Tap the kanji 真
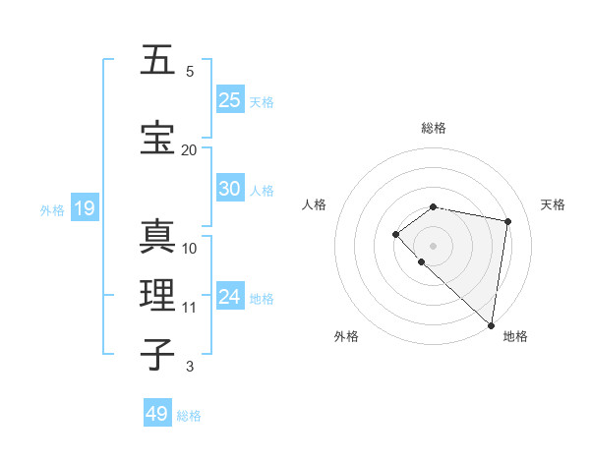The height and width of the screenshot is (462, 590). pyautogui.click(x=158, y=237)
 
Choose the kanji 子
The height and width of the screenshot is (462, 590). pyautogui.click(x=158, y=355)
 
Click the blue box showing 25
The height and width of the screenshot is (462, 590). pyautogui.click(x=230, y=100)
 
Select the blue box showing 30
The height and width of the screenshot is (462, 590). pyautogui.click(x=230, y=190)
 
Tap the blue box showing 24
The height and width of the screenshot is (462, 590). pyautogui.click(x=230, y=297)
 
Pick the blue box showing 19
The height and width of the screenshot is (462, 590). pyautogui.click(x=84, y=208)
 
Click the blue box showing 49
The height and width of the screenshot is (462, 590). pyautogui.click(x=157, y=414)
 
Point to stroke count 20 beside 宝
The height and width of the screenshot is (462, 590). pyautogui.click(x=189, y=149)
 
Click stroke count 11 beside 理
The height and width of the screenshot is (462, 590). pyautogui.click(x=189, y=307)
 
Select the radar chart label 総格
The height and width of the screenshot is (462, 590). pyautogui.click(x=434, y=128)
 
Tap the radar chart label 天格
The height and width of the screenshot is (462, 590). pyautogui.click(x=553, y=204)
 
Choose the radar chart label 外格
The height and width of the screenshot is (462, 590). pyautogui.click(x=346, y=336)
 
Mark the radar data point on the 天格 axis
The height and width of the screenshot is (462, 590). pyautogui.click(x=508, y=221)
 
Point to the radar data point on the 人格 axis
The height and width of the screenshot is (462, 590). pyautogui.click(x=395, y=234)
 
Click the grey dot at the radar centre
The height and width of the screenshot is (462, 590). pyautogui.click(x=434, y=245)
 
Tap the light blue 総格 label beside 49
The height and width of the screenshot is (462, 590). pyautogui.click(x=189, y=416)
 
